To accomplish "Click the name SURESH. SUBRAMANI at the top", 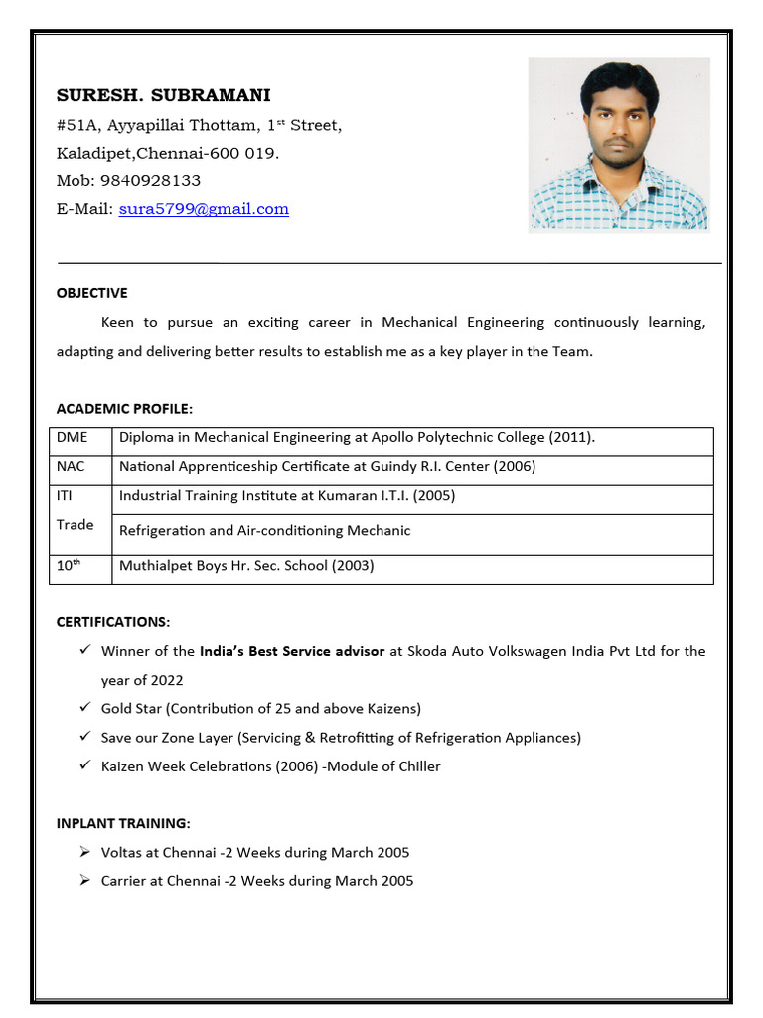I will pos(163,95).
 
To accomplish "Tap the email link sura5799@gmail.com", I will pos(204,209).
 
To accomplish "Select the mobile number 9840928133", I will pos(150,180).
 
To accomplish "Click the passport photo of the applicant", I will pos(618,143).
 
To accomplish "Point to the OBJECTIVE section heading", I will pos(91,293).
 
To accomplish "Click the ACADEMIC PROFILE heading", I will pos(124,409).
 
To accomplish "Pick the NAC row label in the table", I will pos(71,466).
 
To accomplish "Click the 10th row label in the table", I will pos(69,566).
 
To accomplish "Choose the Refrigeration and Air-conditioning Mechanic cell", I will pos(264,531).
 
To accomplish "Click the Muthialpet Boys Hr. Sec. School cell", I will pos(246,566).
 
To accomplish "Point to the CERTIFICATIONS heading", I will pos(113,622).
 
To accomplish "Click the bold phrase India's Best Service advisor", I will pos(292,652).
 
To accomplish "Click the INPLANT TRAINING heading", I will pos(123,823).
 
